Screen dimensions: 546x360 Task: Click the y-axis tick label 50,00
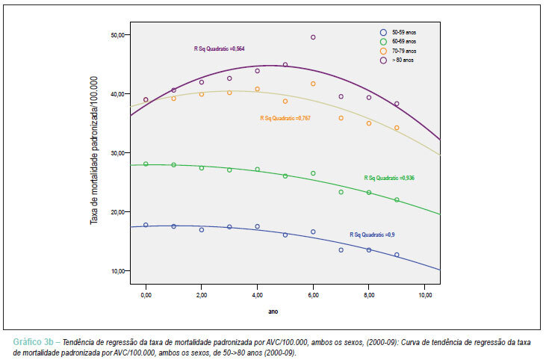117,35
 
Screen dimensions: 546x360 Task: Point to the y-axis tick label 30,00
117,153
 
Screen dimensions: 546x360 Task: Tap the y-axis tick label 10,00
117,271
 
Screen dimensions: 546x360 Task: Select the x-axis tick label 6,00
313,295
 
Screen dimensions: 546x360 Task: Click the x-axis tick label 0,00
146,295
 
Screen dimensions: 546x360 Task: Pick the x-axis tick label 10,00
424,295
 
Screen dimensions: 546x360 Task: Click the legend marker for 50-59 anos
383,32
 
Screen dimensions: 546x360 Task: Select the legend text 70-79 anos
404,51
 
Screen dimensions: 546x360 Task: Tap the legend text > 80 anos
403,60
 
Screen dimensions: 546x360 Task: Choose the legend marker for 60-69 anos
383,42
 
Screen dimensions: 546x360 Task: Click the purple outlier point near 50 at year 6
313,37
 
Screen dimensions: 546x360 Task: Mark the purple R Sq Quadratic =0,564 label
220,49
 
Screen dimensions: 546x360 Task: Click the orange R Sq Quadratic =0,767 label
285,118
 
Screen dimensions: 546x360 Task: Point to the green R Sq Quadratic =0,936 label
389,178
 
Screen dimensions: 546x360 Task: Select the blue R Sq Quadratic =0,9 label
372,235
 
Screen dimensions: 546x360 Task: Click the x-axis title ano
273,311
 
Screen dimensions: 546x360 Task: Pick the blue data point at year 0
146,226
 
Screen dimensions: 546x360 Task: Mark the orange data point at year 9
397,128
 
